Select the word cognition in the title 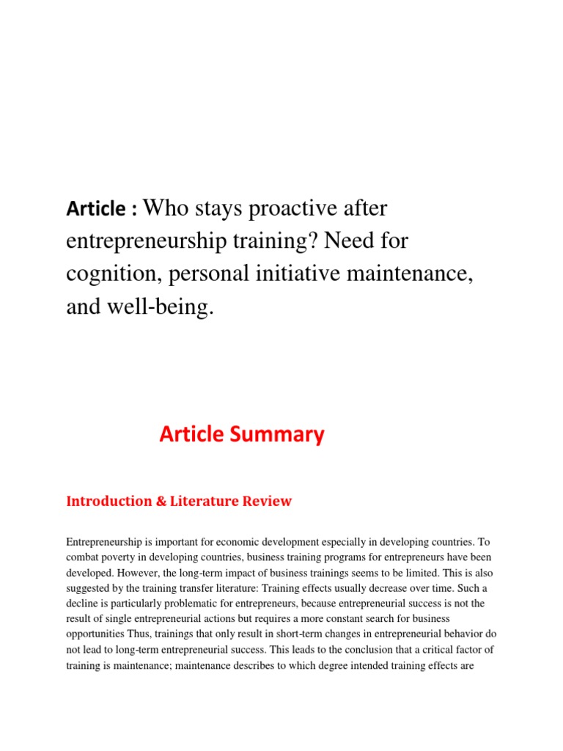pos(108,274)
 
